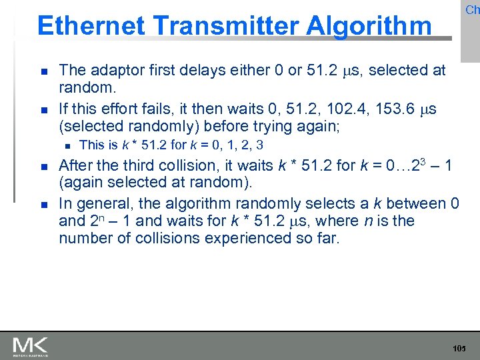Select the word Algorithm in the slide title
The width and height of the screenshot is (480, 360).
[x=369, y=26]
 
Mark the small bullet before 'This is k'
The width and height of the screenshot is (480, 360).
[x=67, y=145]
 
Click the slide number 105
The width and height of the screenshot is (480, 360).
[x=459, y=349]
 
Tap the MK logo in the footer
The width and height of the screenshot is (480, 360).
[x=30, y=347]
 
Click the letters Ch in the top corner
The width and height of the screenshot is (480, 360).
[x=472, y=10]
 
